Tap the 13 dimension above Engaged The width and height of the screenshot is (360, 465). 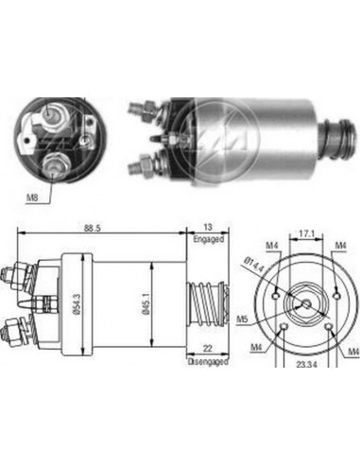pyautogui.click(x=207, y=228)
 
